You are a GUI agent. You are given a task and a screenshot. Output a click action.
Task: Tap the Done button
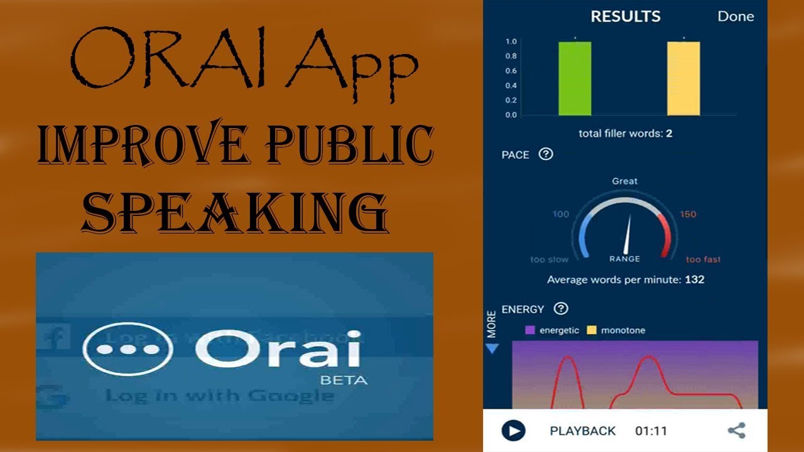pyautogui.click(x=736, y=16)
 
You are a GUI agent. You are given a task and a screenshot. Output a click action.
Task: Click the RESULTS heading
pyautogui.click(x=626, y=16)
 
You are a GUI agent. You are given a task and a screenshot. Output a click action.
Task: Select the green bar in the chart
pyautogui.click(x=575, y=78)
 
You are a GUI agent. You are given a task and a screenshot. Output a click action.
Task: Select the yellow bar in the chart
pyautogui.click(x=683, y=78)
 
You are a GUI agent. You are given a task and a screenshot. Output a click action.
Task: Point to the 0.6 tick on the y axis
pyautogui.click(x=511, y=71)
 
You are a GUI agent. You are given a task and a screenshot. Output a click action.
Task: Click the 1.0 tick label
pyautogui.click(x=511, y=41)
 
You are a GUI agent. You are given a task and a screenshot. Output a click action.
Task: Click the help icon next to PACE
pyautogui.click(x=546, y=154)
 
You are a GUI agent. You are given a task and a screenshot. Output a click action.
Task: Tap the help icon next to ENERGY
pyautogui.click(x=561, y=308)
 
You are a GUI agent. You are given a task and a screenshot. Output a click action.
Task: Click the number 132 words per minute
pyautogui.click(x=694, y=279)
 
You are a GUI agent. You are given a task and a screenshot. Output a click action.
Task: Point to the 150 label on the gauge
pyautogui.click(x=688, y=214)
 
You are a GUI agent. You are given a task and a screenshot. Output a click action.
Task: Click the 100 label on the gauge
pyautogui.click(x=560, y=214)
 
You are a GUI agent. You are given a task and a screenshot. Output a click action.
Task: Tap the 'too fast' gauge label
pyautogui.click(x=703, y=259)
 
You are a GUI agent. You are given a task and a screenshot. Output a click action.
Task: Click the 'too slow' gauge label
pyautogui.click(x=549, y=259)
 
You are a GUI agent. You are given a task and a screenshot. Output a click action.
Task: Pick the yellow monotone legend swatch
pyautogui.click(x=591, y=330)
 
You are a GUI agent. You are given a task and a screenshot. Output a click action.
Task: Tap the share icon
pyautogui.click(x=736, y=431)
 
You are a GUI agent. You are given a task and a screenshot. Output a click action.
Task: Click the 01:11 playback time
pyautogui.click(x=651, y=431)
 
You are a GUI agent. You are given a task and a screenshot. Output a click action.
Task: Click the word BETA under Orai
pyautogui.click(x=344, y=380)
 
